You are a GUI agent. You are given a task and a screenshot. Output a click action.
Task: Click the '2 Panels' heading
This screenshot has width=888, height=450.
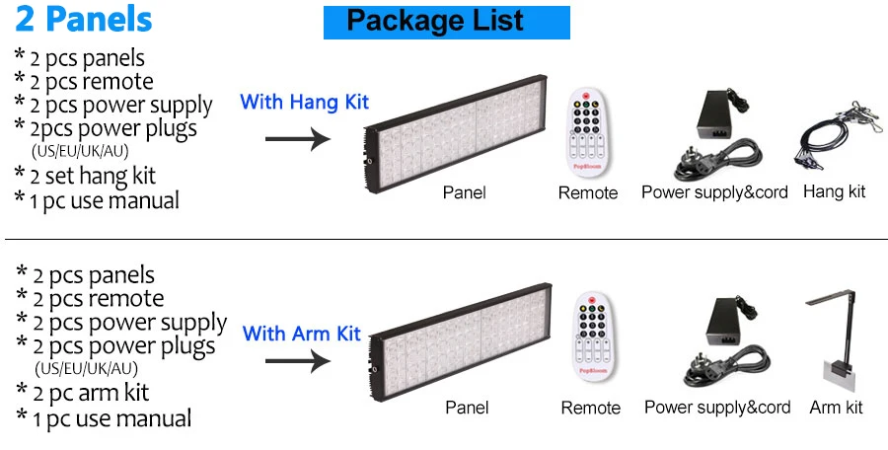tap(84, 19)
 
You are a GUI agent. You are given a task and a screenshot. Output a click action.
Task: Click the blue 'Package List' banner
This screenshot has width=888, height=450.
tap(446, 21)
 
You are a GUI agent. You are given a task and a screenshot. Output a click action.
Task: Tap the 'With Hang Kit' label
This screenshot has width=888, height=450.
tap(304, 102)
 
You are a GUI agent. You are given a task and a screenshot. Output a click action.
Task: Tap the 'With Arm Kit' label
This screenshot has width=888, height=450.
tap(302, 334)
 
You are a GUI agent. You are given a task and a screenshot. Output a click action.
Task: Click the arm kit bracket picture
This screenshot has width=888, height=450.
tap(835, 340)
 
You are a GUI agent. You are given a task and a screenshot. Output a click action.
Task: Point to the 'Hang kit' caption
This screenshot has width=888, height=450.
tap(835, 191)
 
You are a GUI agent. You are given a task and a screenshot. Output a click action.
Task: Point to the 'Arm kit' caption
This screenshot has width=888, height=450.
tap(836, 407)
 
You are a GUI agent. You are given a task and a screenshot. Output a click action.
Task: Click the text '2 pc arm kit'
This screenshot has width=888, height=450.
tap(90, 393)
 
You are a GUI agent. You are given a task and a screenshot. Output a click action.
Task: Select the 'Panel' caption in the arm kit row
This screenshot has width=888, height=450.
tap(467, 407)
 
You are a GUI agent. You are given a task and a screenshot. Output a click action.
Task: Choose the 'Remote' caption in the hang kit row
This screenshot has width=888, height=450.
tap(588, 192)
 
